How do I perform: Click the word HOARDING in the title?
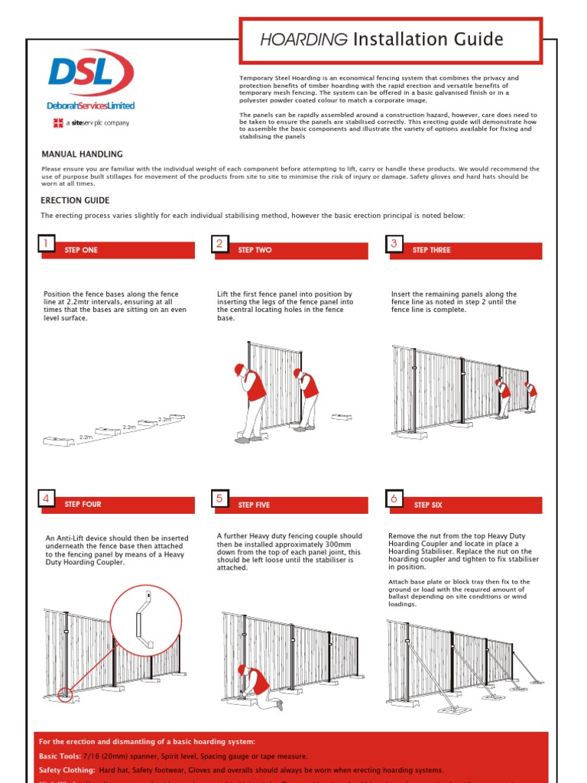click(303, 40)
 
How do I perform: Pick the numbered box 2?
click(219, 244)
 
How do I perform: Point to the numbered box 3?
click(394, 244)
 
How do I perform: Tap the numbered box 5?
click(219, 499)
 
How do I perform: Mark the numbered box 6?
click(394, 499)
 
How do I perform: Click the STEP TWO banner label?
click(255, 251)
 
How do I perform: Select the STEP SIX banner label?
click(428, 505)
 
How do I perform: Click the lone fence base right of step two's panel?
click(342, 417)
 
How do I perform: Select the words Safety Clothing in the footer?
click(67, 770)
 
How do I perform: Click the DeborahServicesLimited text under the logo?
click(91, 106)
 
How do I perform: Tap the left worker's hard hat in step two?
click(239, 369)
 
